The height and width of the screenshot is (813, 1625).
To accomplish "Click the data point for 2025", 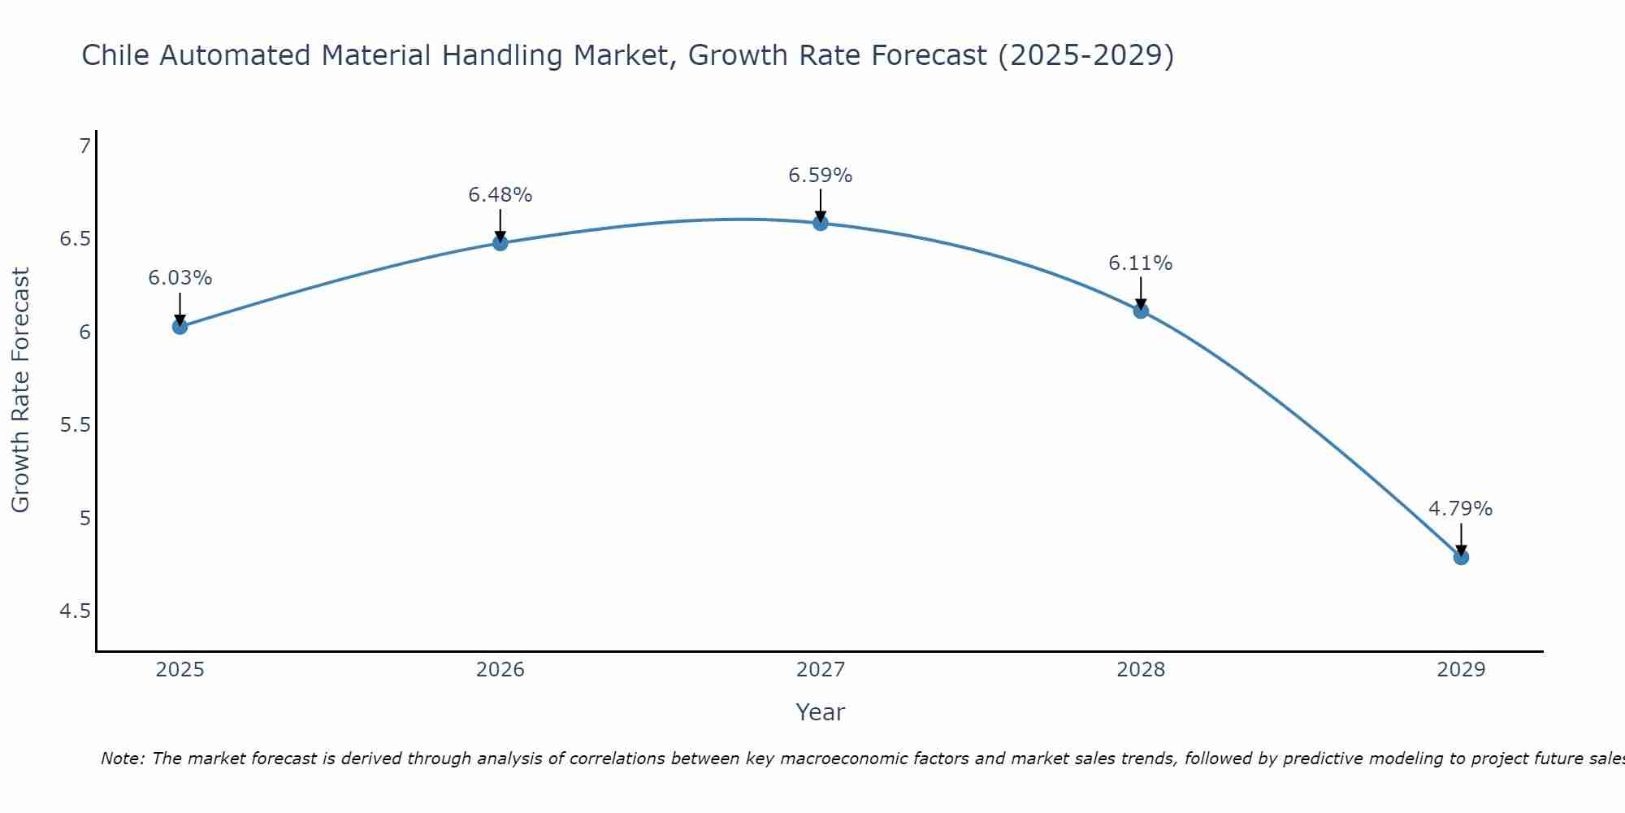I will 180,327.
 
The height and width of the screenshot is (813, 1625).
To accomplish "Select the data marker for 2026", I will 500,243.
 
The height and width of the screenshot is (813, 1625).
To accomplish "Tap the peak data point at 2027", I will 821,223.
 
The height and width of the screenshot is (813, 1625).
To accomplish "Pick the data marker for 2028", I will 1141,311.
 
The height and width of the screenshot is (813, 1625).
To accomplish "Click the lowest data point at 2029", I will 1461,557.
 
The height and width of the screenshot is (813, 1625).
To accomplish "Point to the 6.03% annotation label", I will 180,278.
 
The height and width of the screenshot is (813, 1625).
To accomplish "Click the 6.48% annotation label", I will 500,195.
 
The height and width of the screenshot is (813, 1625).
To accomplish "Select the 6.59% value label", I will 821,176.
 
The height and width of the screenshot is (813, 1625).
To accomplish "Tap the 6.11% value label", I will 1141,263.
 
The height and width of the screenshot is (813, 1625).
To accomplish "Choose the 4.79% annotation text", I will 1461,509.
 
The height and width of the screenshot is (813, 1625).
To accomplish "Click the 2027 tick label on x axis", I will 821,670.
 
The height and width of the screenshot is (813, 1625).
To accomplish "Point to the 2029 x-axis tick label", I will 1461,670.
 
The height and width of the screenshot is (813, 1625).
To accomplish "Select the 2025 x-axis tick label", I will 180,670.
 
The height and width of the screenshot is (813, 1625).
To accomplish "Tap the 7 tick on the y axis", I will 84,146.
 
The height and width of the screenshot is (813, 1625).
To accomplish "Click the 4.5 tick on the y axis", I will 76,611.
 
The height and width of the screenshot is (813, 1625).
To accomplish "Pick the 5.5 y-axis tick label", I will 76,425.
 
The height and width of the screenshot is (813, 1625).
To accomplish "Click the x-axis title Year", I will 821,712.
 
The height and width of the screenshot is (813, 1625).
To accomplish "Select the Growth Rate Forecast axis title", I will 21,390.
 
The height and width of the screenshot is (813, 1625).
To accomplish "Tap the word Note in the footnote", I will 122,759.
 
